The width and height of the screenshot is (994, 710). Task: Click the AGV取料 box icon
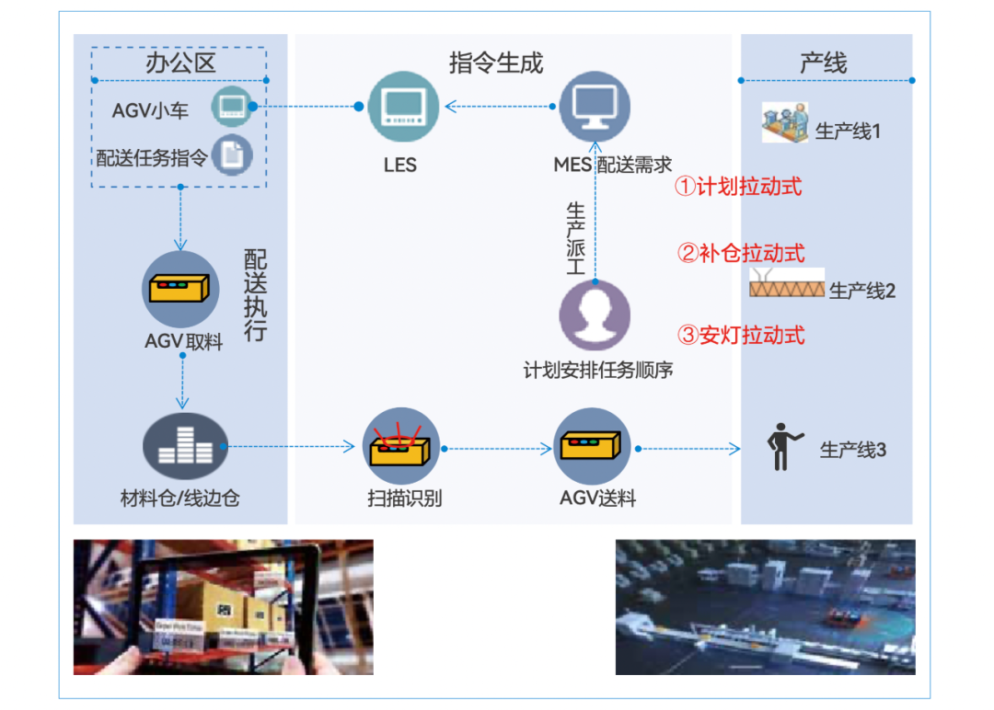(180, 288)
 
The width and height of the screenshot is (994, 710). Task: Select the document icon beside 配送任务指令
(232, 155)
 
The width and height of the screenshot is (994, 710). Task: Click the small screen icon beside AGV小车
(230, 108)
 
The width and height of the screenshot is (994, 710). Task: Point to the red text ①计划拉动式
(738, 187)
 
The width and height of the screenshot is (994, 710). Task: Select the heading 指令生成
(496, 63)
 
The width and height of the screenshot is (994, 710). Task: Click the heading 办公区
(180, 63)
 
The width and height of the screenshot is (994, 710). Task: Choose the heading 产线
(823, 63)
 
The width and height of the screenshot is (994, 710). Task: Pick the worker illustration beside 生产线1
(785, 124)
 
